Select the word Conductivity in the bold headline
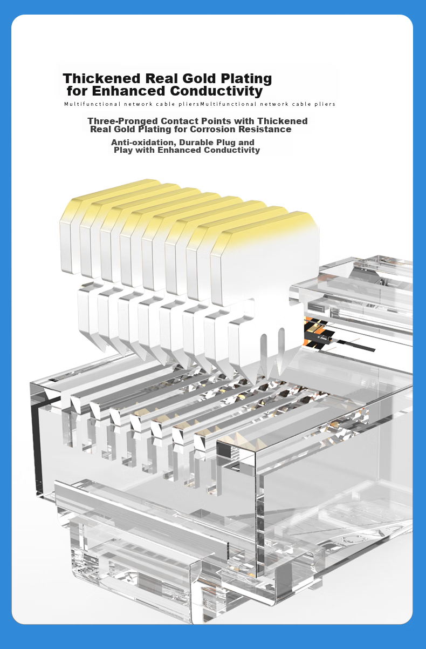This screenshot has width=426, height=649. point(216,91)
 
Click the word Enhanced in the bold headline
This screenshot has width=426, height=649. point(129,91)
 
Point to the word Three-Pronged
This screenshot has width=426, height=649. point(123,121)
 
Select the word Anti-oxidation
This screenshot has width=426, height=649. point(144,143)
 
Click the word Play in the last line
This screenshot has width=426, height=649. point(123,150)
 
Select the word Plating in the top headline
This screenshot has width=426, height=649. point(246,79)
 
